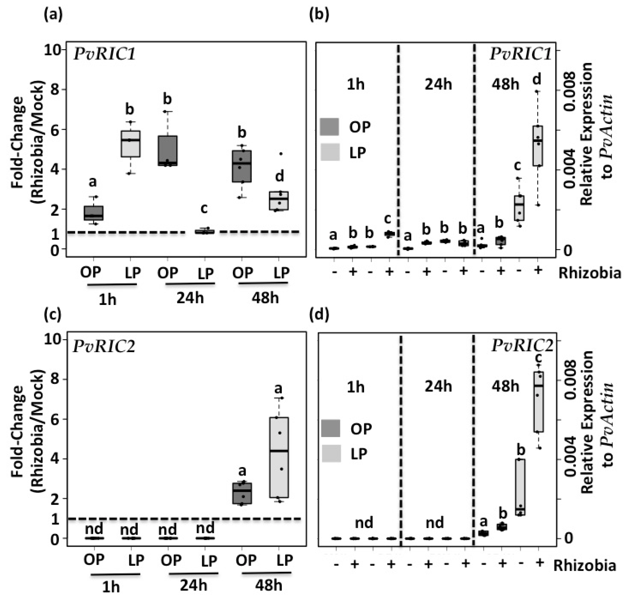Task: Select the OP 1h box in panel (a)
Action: (x=93, y=213)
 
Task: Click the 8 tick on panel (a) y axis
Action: (x=55, y=89)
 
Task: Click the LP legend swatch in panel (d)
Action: (x=331, y=454)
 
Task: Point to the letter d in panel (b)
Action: (x=537, y=78)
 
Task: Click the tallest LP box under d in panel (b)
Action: (x=538, y=146)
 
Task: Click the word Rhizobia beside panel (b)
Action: (x=590, y=273)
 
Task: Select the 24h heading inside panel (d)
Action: (x=438, y=386)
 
